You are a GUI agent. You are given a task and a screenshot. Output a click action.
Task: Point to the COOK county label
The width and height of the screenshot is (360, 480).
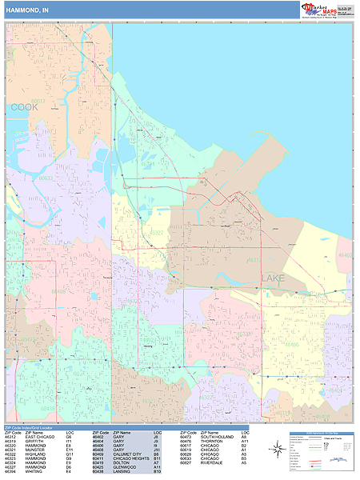[24, 106]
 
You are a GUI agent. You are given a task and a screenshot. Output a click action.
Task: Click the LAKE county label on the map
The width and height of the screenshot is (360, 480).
[272, 278]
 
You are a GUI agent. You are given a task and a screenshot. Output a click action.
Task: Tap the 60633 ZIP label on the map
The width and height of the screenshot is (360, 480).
[46, 178]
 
